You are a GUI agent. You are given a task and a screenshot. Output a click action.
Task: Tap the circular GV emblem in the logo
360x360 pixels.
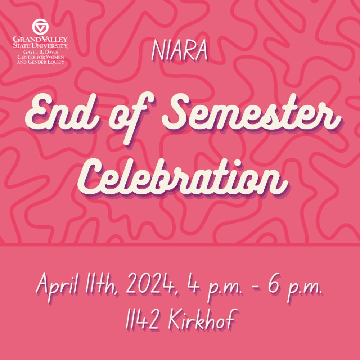[40, 26]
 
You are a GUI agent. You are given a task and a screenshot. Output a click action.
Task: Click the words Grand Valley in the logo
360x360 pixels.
[40, 39]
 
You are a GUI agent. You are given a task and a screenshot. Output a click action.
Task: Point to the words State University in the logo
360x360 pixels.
[40, 46]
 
